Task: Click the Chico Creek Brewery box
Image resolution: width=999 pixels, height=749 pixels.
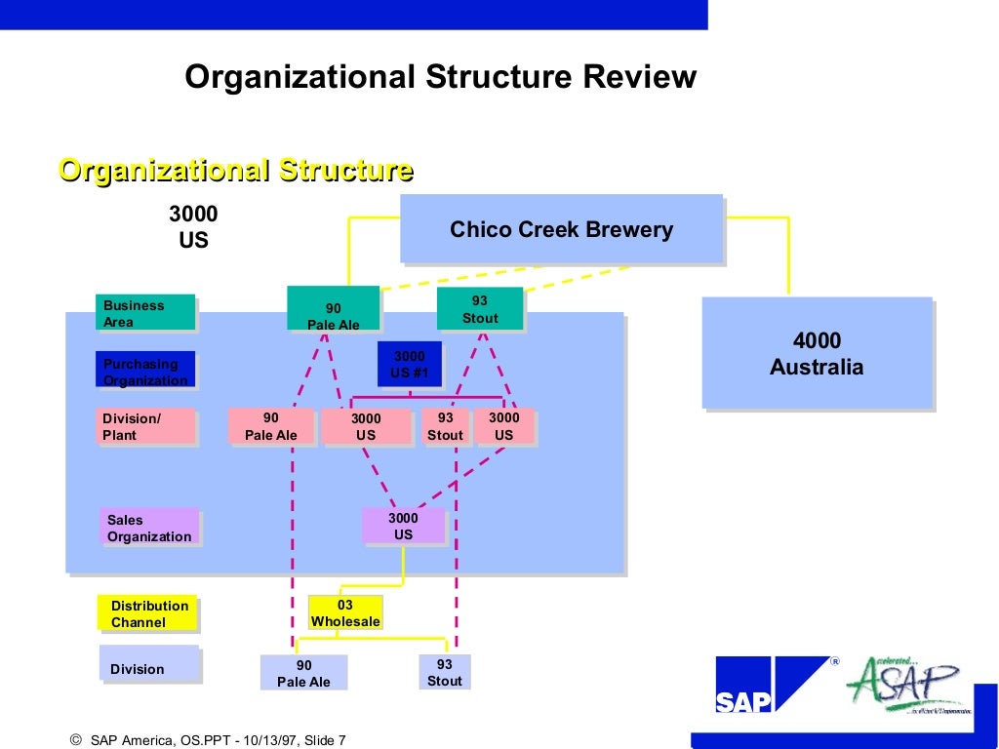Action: (561, 229)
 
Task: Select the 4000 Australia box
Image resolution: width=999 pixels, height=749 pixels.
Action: (817, 353)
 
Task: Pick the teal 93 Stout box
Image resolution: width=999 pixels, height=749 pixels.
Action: (479, 309)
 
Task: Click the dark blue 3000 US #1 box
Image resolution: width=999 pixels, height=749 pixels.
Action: (409, 364)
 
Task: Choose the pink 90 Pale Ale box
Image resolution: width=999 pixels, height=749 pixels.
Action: (271, 426)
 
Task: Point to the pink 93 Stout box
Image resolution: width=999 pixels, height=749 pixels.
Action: (445, 426)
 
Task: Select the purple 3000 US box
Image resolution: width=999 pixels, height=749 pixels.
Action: (403, 526)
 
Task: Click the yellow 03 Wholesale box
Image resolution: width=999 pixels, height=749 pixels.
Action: (345, 612)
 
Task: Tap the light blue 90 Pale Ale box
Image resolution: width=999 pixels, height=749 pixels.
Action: (303, 672)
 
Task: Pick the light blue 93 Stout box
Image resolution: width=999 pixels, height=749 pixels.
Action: (444, 672)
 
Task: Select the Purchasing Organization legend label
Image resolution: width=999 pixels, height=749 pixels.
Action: (145, 371)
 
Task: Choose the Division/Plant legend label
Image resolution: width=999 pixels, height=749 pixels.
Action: (145, 426)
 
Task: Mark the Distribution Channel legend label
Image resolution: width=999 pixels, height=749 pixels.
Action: (147, 613)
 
